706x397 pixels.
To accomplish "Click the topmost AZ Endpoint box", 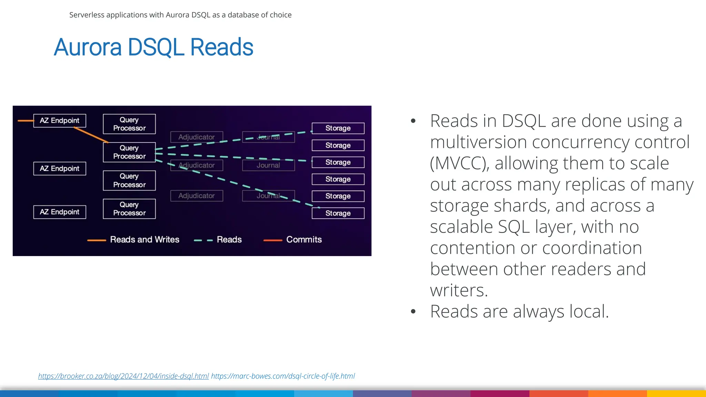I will click(x=60, y=121).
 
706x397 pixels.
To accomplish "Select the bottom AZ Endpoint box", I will click(x=60, y=212).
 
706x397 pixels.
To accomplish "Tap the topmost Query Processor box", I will click(x=129, y=124).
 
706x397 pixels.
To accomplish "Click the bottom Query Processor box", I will click(x=129, y=209).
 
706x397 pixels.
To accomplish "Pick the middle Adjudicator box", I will click(x=196, y=165).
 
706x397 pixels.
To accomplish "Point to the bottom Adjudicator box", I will click(x=196, y=196).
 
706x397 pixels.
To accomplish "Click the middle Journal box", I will click(x=268, y=165).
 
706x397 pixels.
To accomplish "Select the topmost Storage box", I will click(x=338, y=128).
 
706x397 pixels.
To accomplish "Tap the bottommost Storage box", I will click(x=338, y=213).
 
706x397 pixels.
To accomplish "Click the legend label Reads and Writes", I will click(x=144, y=240).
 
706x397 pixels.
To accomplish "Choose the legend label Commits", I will click(x=304, y=240).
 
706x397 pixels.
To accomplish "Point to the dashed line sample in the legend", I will click(x=203, y=240).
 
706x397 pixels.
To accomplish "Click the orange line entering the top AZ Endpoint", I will click(x=26, y=121).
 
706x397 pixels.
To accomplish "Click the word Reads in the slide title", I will click(x=222, y=47).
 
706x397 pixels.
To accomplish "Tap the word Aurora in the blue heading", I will click(x=88, y=47).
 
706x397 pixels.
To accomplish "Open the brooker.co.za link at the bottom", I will click(x=123, y=376).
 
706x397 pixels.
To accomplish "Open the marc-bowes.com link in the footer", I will click(x=283, y=376).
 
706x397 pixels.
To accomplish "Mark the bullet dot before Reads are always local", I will click(x=413, y=312).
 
